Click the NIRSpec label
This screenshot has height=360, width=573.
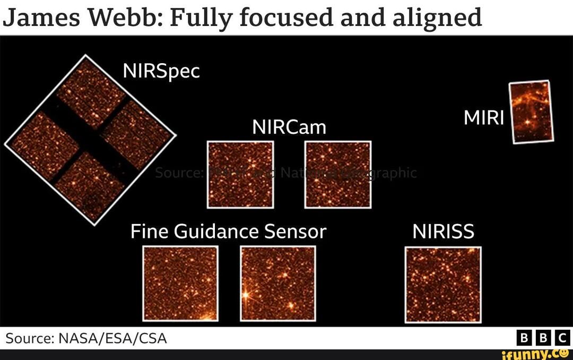[161, 71]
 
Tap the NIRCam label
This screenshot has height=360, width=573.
[289, 127]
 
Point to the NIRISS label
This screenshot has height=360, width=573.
[443, 232]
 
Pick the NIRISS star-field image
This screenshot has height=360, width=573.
[443, 284]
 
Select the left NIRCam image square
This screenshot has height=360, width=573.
[240, 174]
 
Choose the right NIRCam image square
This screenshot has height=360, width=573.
[337, 174]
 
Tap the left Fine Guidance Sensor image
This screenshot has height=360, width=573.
[180, 283]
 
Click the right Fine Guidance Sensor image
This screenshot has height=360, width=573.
[278, 283]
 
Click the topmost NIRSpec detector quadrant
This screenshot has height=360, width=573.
[90, 93]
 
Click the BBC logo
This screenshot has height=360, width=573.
[543, 338]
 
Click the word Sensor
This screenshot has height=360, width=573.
[295, 232]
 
